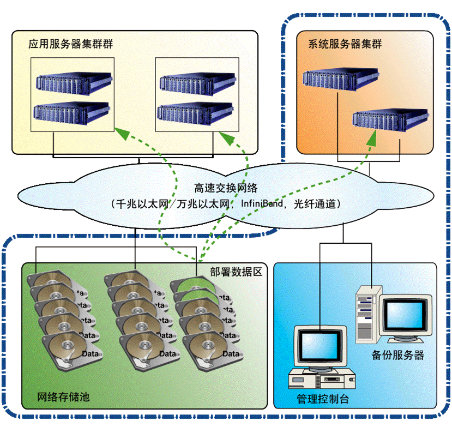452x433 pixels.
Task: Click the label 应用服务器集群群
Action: tap(71, 44)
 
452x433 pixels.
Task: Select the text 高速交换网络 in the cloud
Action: tap(226, 189)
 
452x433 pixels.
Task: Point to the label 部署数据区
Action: tap(236, 271)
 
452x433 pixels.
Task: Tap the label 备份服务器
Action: tap(398, 355)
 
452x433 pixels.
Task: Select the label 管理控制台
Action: tap(323, 399)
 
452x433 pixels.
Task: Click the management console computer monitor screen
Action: tap(320, 347)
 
